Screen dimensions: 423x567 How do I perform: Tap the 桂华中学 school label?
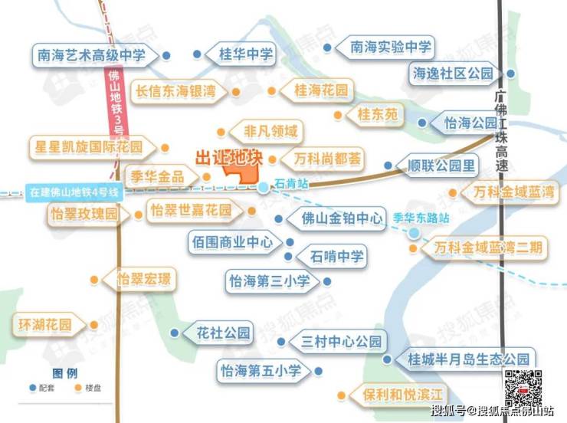point(246,54)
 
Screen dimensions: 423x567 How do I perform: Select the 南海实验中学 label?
point(391,47)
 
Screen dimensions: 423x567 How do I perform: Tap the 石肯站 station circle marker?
point(263,186)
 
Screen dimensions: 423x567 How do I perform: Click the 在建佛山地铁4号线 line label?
point(74,193)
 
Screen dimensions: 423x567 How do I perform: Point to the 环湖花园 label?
point(44,324)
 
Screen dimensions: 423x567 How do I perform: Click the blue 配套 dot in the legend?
point(33,388)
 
